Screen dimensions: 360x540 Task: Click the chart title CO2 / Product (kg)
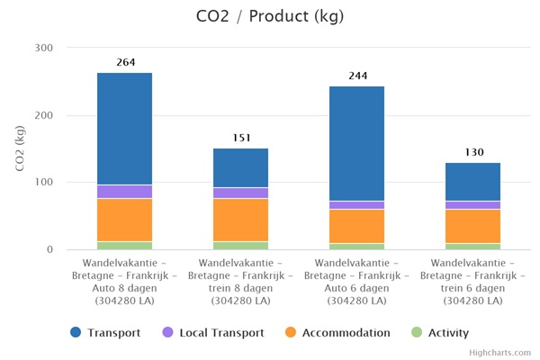(x=270, y=16)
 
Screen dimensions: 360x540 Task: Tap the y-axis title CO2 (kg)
(x=20, y=148)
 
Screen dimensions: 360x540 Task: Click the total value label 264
(x=125, y=62)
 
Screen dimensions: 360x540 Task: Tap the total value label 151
(x=241, y=138)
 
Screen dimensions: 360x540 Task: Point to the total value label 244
(x=357, y=76)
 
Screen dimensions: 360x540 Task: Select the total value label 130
(x=473, y=152)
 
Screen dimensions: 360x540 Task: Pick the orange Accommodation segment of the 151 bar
(x=241, y=220)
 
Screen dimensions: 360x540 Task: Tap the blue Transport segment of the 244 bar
(x=357, y=143)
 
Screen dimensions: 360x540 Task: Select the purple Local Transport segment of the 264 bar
(x=125, y=192)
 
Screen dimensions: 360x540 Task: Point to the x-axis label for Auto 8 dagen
(x=125, y=280)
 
